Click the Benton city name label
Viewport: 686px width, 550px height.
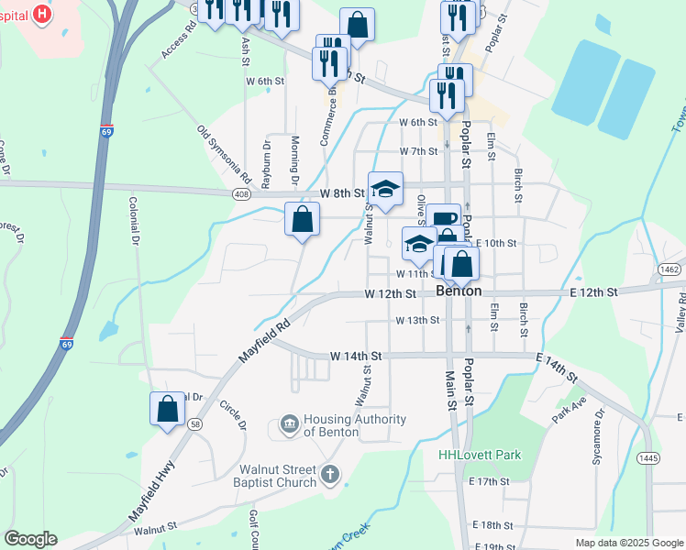pos(459,291)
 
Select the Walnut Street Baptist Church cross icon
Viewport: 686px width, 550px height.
pos(329,475)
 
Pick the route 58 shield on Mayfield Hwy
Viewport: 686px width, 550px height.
pos(195,423)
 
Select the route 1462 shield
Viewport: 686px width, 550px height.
pos(669,269)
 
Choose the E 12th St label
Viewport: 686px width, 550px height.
pos(595,291)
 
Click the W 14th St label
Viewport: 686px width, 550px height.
pos(355,355)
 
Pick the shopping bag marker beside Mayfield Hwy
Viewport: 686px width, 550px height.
pos(168,408)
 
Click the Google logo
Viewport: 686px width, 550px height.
pos(30,539)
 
